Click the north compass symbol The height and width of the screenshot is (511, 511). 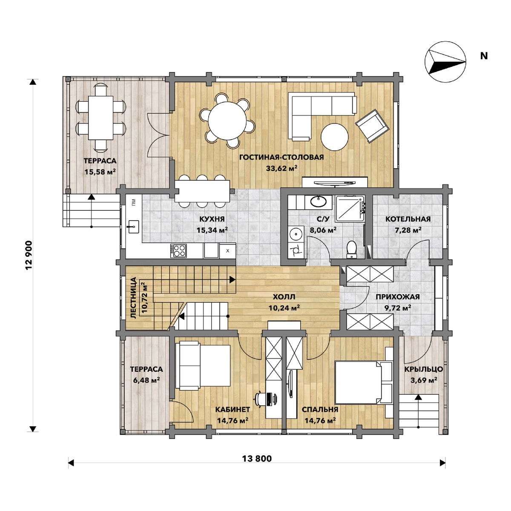[445, 61]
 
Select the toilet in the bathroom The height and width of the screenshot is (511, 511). [352, 249]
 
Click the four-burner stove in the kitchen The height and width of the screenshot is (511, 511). [178, 250]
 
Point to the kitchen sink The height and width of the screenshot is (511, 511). [133, 227]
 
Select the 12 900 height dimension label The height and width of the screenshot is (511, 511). [29, 255]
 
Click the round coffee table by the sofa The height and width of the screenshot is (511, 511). [334, 137]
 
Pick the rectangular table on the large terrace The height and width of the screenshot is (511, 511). [100, 118]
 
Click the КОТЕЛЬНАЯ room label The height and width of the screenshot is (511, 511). [408, 219]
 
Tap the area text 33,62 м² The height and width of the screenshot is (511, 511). [281, 168]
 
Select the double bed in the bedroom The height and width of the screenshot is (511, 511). [363, 383]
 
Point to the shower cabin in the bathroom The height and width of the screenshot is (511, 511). [349, 209]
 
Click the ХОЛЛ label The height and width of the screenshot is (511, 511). [284, 296]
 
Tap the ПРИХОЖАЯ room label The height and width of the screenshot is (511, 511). [397, 297]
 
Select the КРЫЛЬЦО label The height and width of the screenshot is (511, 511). [423, 369]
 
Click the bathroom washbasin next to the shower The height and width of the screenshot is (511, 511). [319, 201]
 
